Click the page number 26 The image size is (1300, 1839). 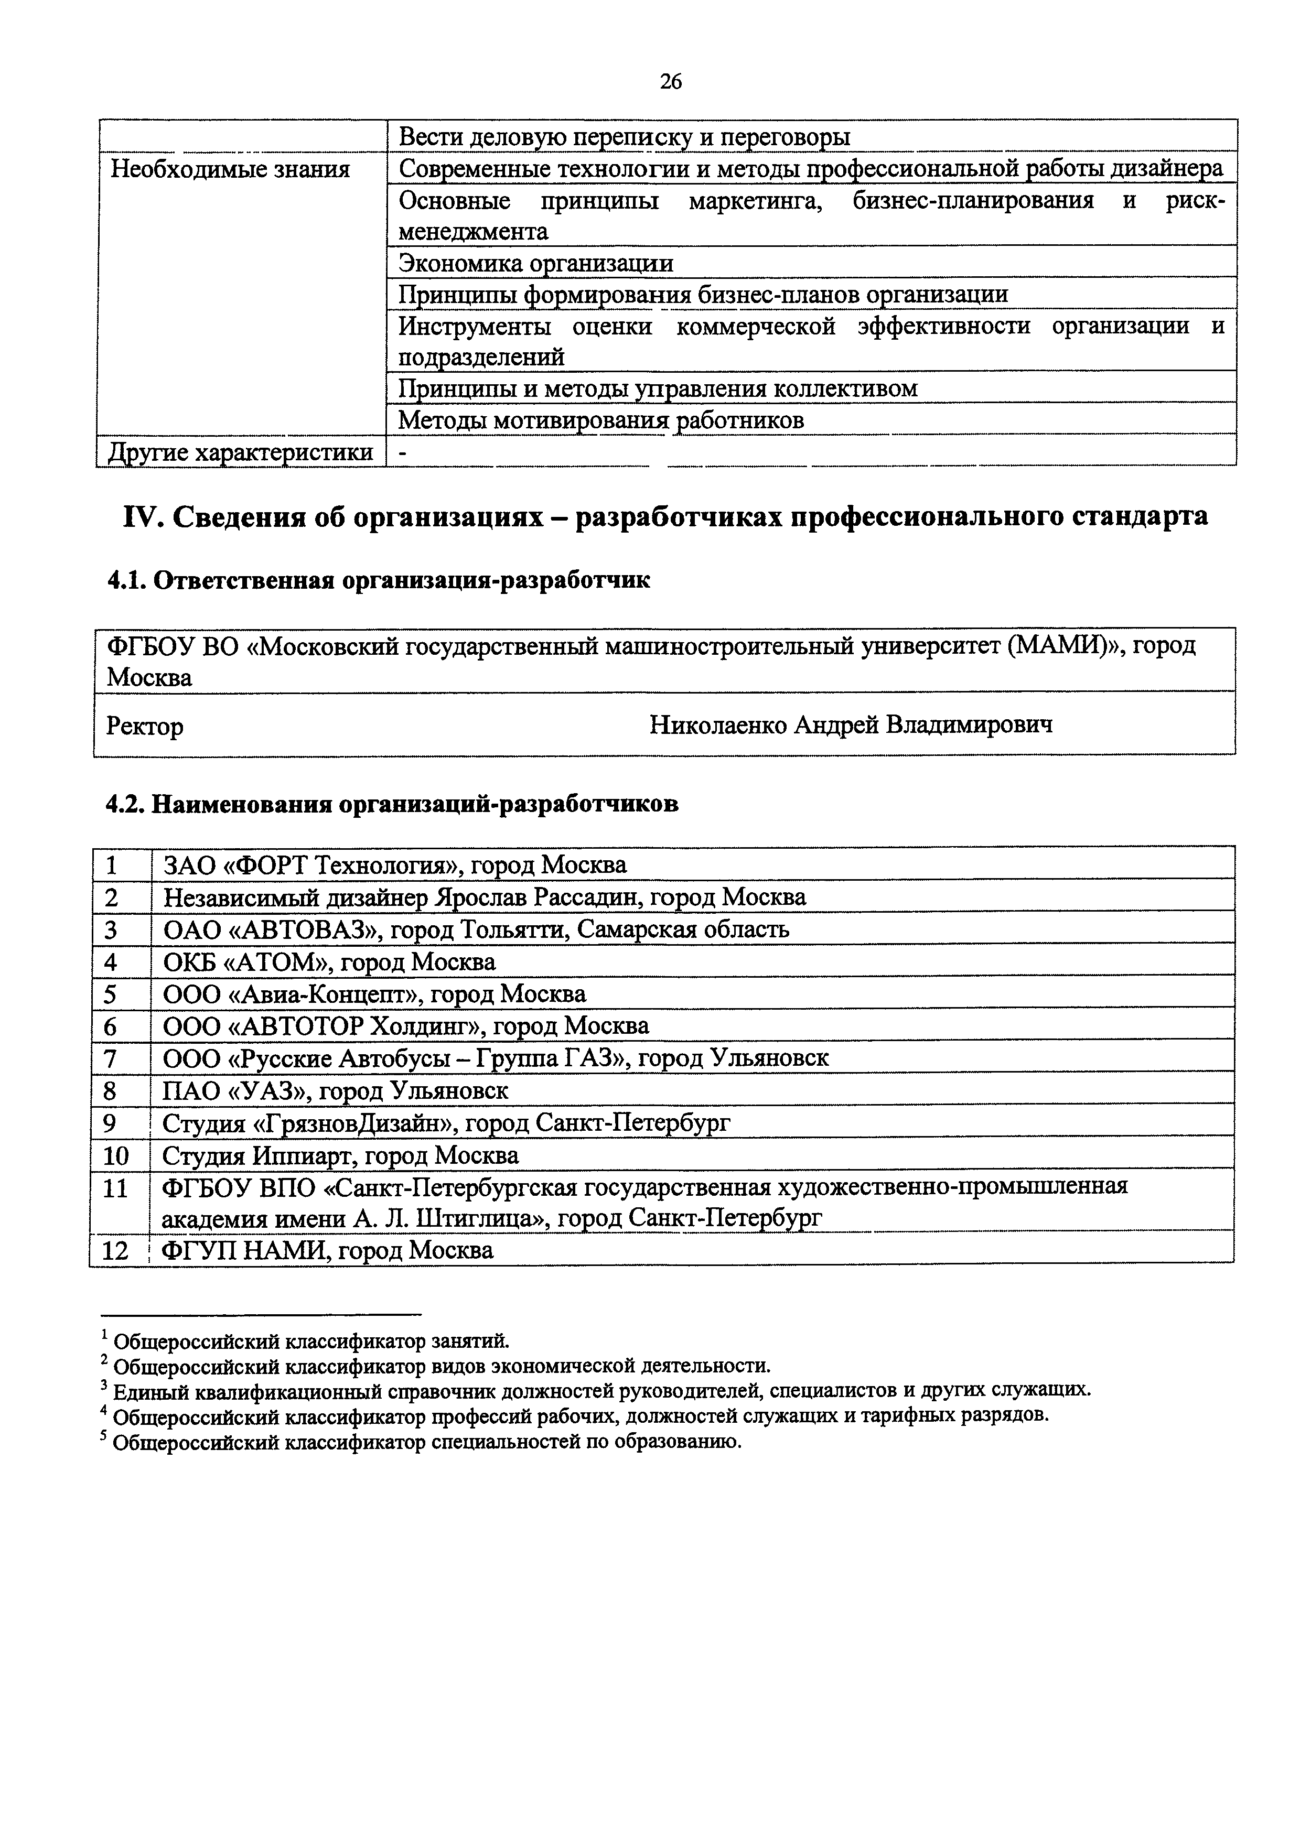(x=670, y=81)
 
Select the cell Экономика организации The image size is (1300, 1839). (x=535, y=264)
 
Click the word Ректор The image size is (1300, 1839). (x=145, y=727)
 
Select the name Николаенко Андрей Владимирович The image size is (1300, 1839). (x=851, y=725)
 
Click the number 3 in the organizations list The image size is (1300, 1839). (x=111, y=930)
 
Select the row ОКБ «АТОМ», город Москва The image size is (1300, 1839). (x=329, y=962)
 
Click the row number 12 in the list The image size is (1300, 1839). (x=116, y=1251)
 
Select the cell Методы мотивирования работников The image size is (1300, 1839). (x=601, y=420)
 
